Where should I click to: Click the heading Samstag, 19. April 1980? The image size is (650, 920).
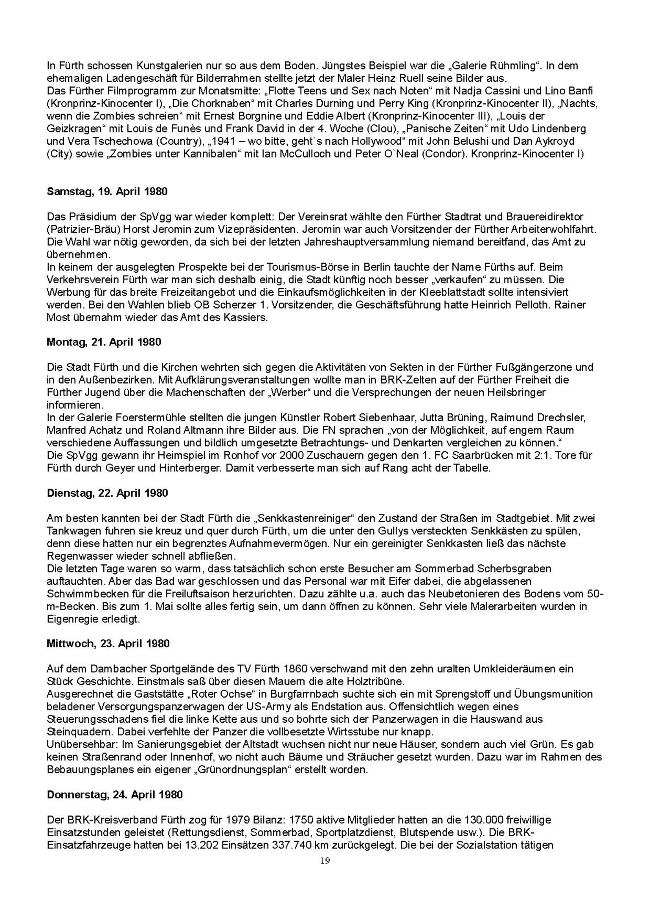[x=107, y=192]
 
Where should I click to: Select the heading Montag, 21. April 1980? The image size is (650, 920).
[x=104, y=342]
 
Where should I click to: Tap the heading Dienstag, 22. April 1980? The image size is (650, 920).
[x=107, y=493]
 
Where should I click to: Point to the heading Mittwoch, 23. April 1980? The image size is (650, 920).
[x=108, y=644]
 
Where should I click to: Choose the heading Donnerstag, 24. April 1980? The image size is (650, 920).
[x=115, y=795]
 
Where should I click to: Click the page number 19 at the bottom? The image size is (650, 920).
[x=325, y=861]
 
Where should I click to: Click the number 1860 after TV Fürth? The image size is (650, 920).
[x=295, y=669]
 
